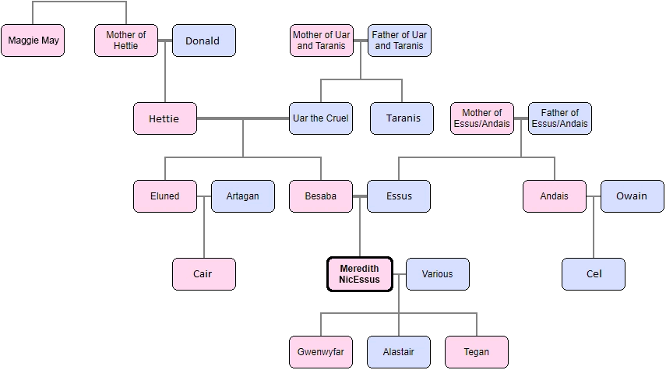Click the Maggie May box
click(x=33, y=41)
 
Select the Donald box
click(x=203, y=41)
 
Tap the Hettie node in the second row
click(x=164, y=118)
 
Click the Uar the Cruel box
click(x=320, y=118)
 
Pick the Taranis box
click(x=402, y=118)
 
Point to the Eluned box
click(x=164, y=196)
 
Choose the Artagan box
click(x=242, y=196)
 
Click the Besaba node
click(x=320, y=196)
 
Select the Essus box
click(x=398, y=196)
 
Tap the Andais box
click(x=554, y=196)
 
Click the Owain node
click(x=632, y=196)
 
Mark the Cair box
click(x=203, y=274)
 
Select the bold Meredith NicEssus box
click(x=359, y=274)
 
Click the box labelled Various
click(x=437, y=274)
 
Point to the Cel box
click(x=593, y=274)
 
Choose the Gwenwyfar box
click(x=320, y=352)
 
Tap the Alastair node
click(x=398, y=352)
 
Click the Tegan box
click(x=476, y=352)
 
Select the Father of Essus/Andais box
click(x=559, y=118)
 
